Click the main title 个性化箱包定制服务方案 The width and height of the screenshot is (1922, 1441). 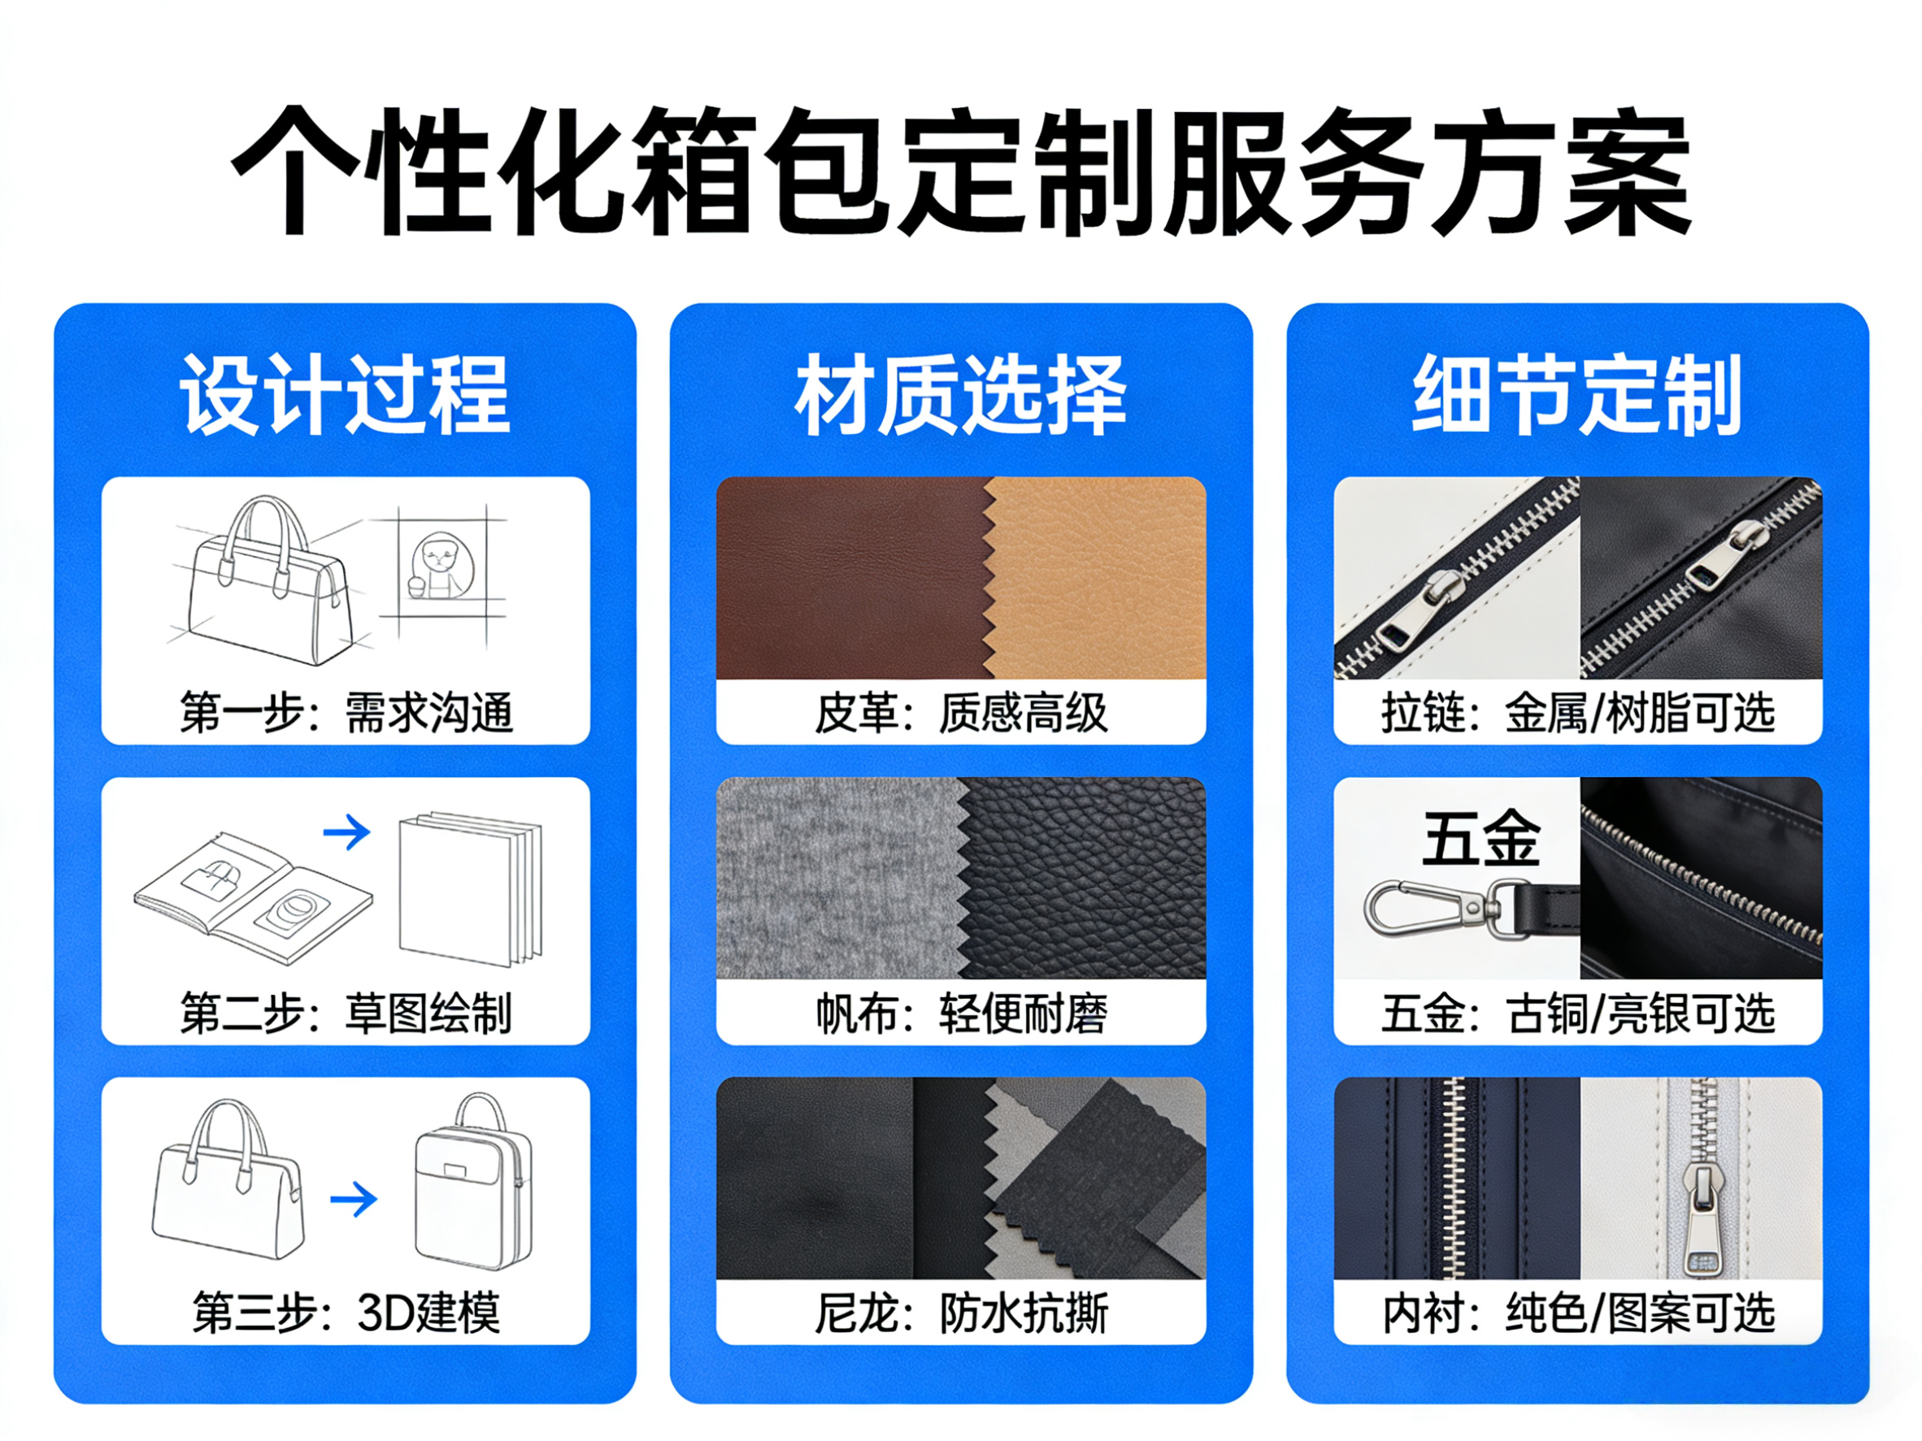tap(961, 171)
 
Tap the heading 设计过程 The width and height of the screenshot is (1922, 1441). tap(345, 395)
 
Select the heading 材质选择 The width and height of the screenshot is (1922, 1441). tap(961, 395)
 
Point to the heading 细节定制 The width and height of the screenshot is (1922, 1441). tap(1577, 395)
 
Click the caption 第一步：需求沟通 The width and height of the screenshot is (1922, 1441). tap(346, 713)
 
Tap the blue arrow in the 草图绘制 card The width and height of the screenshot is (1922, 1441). tap(346, 832)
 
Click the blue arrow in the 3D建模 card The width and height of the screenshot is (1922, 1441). tap(354, 1200)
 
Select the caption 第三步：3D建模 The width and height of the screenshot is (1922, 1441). tap(346, 1313)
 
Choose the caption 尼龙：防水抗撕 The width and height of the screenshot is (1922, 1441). tap(961, 1313)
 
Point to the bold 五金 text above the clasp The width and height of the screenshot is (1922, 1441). tap(1481, 837)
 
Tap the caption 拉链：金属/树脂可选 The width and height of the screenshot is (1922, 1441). tap(1577, 713)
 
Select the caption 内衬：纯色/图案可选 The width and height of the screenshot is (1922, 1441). tap(1577, 1313)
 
